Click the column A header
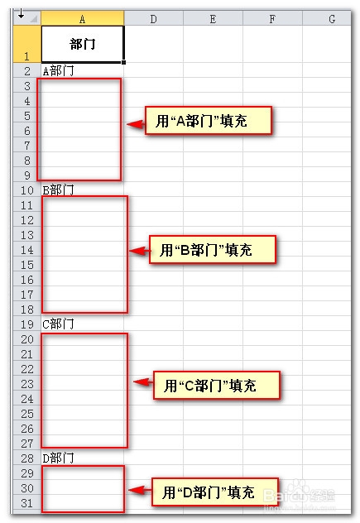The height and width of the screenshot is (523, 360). point(83,18)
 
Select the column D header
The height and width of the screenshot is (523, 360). point(153,18)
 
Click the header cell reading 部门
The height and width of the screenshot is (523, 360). point(83,44)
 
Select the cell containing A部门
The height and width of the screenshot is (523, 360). point(83,70)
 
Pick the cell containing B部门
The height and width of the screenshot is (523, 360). point(83,190)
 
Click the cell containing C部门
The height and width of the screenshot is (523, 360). point(83,324)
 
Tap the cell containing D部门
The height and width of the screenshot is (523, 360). point(83,458)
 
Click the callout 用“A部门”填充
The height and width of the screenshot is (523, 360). point(209,121)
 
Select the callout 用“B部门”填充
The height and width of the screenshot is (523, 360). point(213,249)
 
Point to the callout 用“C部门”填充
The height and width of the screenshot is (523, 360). point(217,386)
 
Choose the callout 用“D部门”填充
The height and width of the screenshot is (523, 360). point(215,492)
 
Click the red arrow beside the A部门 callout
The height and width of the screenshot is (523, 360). point(136,124)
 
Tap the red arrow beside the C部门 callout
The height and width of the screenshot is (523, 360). point(143,382)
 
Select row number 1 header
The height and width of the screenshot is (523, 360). point(27,44)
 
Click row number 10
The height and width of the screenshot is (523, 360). point(27,190)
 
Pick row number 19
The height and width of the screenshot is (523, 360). point(27,324)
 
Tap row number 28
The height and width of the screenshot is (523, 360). point(27,458)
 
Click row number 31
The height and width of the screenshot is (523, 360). point(27,503)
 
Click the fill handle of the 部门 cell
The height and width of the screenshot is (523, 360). point(124,62)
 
